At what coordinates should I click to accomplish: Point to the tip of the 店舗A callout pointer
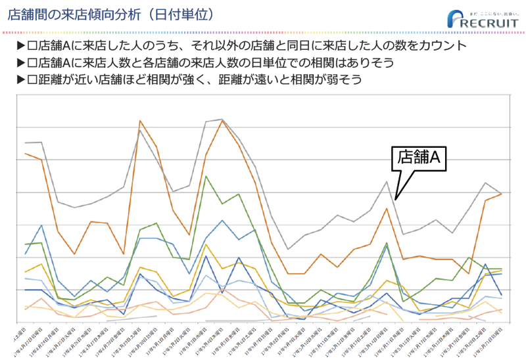[396, 198]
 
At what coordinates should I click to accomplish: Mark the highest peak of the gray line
[222, 119]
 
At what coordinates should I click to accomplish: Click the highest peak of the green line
[206, 176]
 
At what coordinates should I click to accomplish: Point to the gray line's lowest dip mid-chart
[287, 249]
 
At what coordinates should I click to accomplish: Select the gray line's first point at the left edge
[25, 143]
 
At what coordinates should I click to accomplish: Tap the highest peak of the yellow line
[206, 244]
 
